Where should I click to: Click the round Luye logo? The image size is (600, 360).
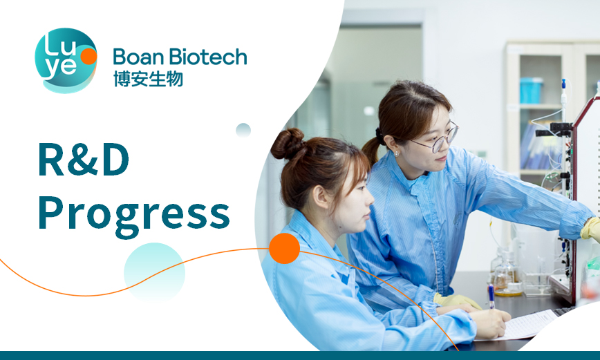[x=66, y=60]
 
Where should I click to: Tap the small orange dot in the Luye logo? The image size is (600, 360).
[x=88, y=56]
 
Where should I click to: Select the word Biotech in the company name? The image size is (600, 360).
[x=208, y=57]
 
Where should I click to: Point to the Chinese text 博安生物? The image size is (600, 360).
[x=148, y=79]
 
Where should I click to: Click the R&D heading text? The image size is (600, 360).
[x=84, y=160]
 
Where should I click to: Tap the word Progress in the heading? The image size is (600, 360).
[x=134, y=215]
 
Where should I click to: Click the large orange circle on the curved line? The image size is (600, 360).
[x=284, y=248]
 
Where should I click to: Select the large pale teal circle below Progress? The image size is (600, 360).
[x=154, y=273]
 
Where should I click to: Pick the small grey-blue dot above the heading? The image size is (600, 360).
[x=243, y=131]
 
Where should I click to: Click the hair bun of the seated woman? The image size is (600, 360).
[x=287, y=144]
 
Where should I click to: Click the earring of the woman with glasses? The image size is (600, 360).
[x=397, y=154]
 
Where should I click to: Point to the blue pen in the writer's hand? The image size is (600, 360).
[x=491, y=296]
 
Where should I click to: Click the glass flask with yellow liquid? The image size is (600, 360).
[x=507, y=277]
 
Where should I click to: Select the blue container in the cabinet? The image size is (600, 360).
[x=531, y=91]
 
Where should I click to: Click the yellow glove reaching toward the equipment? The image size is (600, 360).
[x=591, y=229]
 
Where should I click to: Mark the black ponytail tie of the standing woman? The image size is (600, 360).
[x=379, y=136]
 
